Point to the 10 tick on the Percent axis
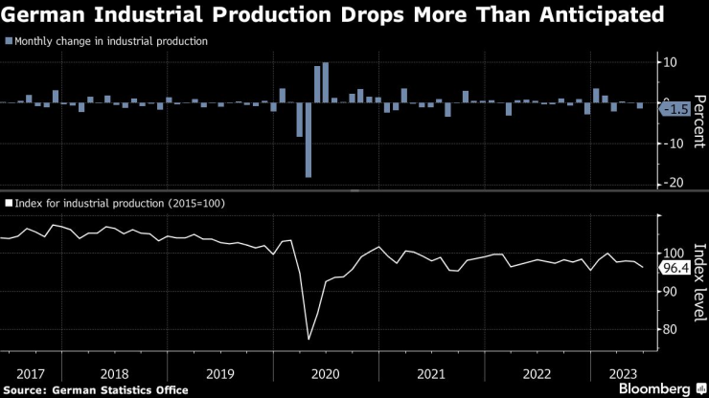coord(671,62)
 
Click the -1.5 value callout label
coord(675,109)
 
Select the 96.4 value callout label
coord(675,269)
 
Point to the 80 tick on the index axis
coord(671,329)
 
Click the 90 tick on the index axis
coord(671,291)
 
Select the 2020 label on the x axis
coord(326,372)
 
